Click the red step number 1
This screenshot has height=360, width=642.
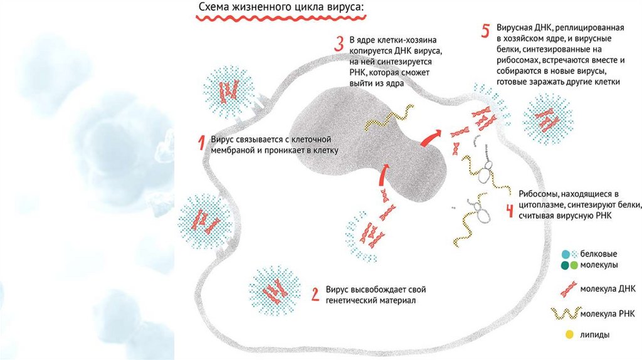[201, 144]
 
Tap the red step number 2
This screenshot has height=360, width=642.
[315, 294]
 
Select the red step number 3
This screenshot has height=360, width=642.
[339, 43]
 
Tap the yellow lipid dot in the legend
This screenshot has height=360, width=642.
[569, 335]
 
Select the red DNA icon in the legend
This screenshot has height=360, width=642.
[568, 289]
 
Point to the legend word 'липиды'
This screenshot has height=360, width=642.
[596, 336]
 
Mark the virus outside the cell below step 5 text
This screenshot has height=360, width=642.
[545, 117]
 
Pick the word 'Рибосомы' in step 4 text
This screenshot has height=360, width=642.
[539, 193]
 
